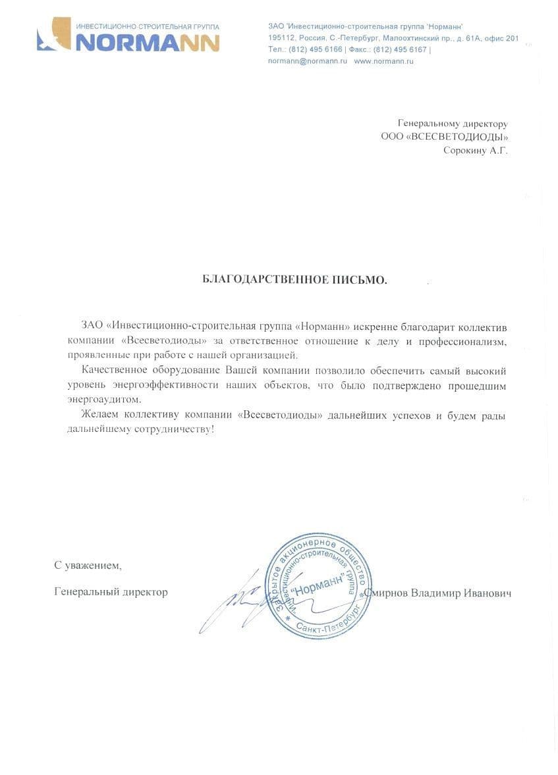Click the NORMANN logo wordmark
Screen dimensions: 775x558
(148, 42)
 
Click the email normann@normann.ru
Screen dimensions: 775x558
(308, 61)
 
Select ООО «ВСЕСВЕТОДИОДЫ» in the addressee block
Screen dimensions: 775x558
(445, 137)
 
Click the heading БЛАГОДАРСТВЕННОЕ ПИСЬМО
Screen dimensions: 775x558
(295, 280)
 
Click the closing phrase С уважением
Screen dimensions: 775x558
(88, 565)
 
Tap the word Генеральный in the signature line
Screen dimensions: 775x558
(87, 592)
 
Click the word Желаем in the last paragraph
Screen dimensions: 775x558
(98, 414)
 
